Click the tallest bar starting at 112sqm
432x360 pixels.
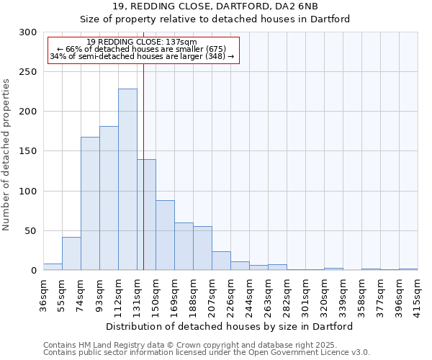tap(127, 180)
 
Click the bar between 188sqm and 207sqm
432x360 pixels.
tap(202, 248)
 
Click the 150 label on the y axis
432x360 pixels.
tap(28, 152)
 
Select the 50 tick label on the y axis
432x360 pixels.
tap(31, 231)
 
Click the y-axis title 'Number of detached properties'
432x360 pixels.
tap(6, 155)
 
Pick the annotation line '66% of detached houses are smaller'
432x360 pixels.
tap(141, 49)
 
